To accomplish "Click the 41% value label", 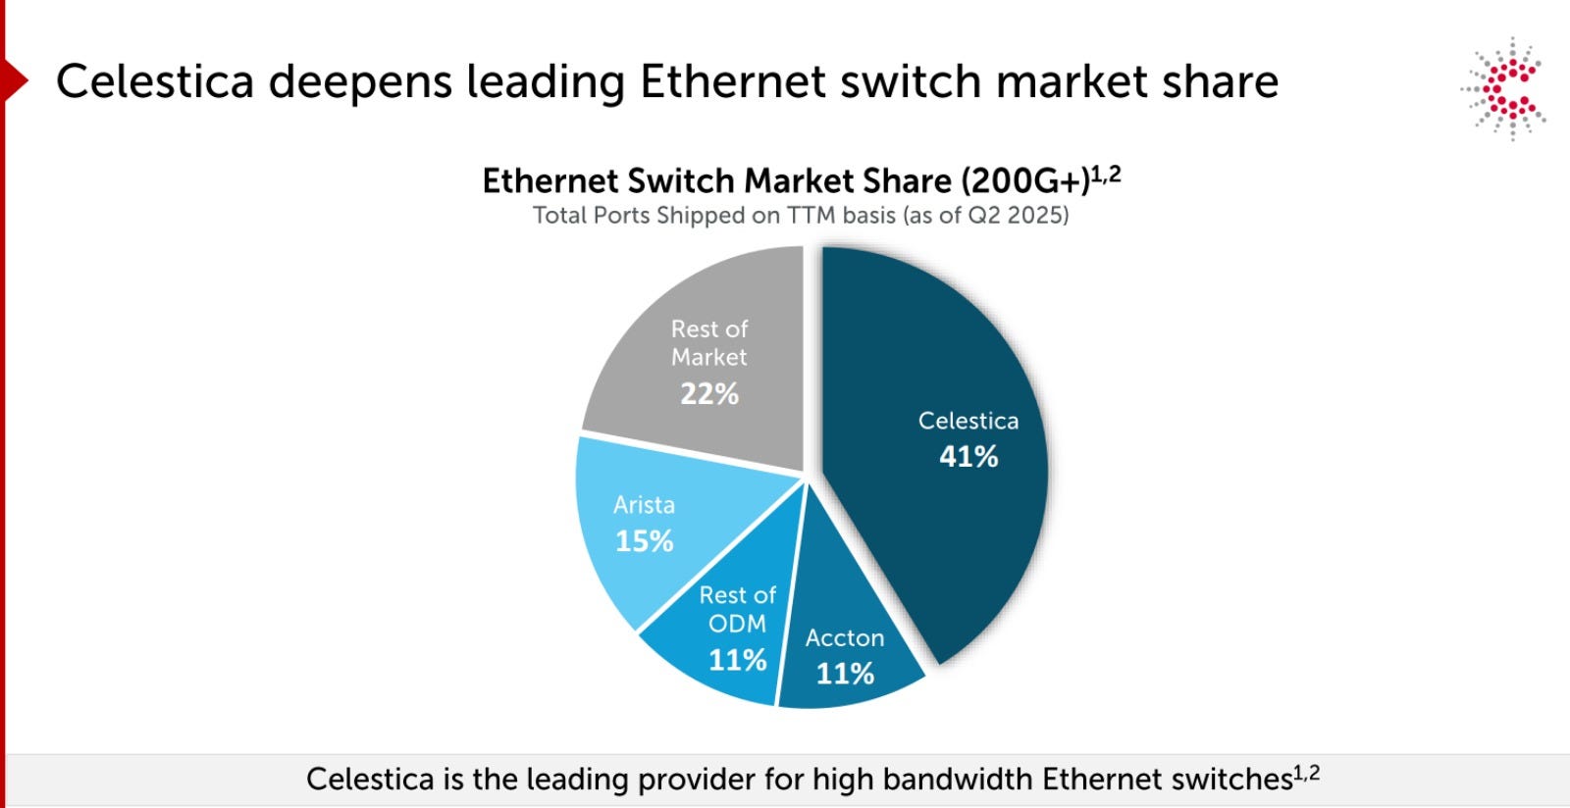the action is (968, 457).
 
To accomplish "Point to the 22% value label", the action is (709, 394).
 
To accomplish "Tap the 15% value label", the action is (644, 541).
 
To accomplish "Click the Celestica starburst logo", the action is (1504, 89).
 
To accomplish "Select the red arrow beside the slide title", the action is (16, 80).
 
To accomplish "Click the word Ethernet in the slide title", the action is (732, 81).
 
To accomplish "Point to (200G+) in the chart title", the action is (1025, 181).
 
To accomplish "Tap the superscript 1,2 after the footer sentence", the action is (1306, 773).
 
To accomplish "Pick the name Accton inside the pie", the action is (845, 637).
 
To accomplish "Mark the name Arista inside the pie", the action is (644, 505).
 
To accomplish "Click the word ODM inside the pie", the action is (737, 623).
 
